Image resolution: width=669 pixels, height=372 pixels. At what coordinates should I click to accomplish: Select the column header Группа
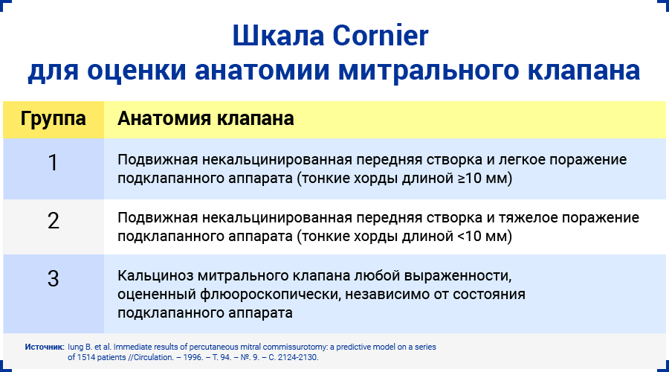coord(53,119)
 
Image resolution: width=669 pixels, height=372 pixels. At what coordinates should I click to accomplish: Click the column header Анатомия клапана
coord(206,119)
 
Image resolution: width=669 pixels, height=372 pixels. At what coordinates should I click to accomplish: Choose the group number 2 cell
coord(53,221)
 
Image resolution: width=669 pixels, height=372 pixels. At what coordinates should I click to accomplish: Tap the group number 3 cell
coord(53,278)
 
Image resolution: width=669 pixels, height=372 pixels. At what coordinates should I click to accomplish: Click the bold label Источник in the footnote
coord(44,347)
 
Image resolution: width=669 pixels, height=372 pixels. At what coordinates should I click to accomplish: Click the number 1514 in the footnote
coord(88,357)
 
